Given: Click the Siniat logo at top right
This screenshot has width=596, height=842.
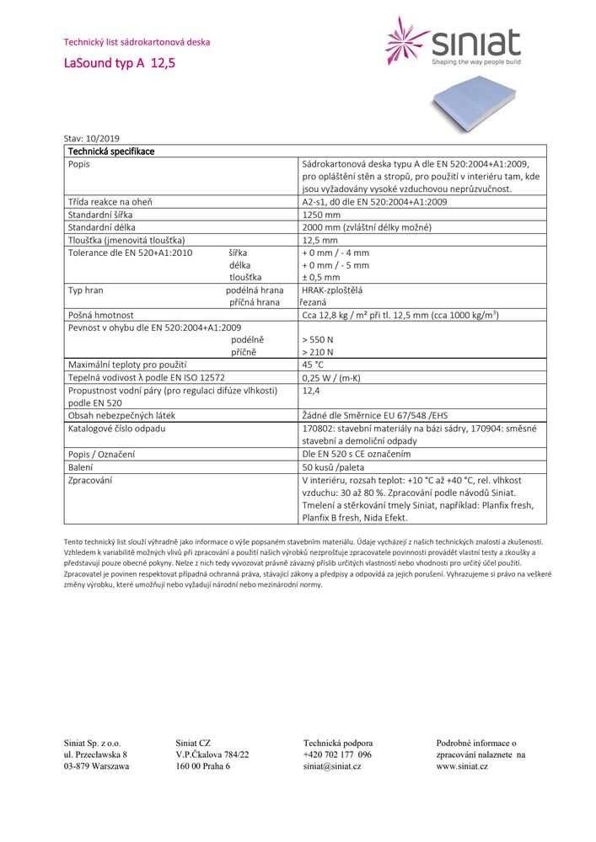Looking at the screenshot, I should (453, 41).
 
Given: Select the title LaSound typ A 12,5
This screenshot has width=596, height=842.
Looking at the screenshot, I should (120, 63).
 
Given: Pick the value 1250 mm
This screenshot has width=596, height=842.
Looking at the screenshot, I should (321, 215).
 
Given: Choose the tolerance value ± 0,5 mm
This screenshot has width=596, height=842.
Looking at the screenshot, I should (321, 277).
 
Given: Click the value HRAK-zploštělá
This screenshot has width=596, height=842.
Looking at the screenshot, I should (331, 290).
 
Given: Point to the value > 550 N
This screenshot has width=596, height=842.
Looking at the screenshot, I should (318, 340).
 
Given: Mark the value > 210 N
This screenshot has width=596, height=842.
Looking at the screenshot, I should (318, 352).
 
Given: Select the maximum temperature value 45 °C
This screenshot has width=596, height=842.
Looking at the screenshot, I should (313, 365).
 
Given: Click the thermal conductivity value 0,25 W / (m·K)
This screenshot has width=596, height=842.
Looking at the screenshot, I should (331, 378).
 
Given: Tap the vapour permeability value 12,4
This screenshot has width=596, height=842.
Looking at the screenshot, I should (310, 391).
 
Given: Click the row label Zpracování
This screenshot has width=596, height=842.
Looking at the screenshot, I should (91, 480).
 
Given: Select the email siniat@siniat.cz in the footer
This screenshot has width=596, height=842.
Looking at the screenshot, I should (332, 766).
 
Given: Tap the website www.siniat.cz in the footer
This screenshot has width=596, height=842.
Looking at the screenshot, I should (462, 766).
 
